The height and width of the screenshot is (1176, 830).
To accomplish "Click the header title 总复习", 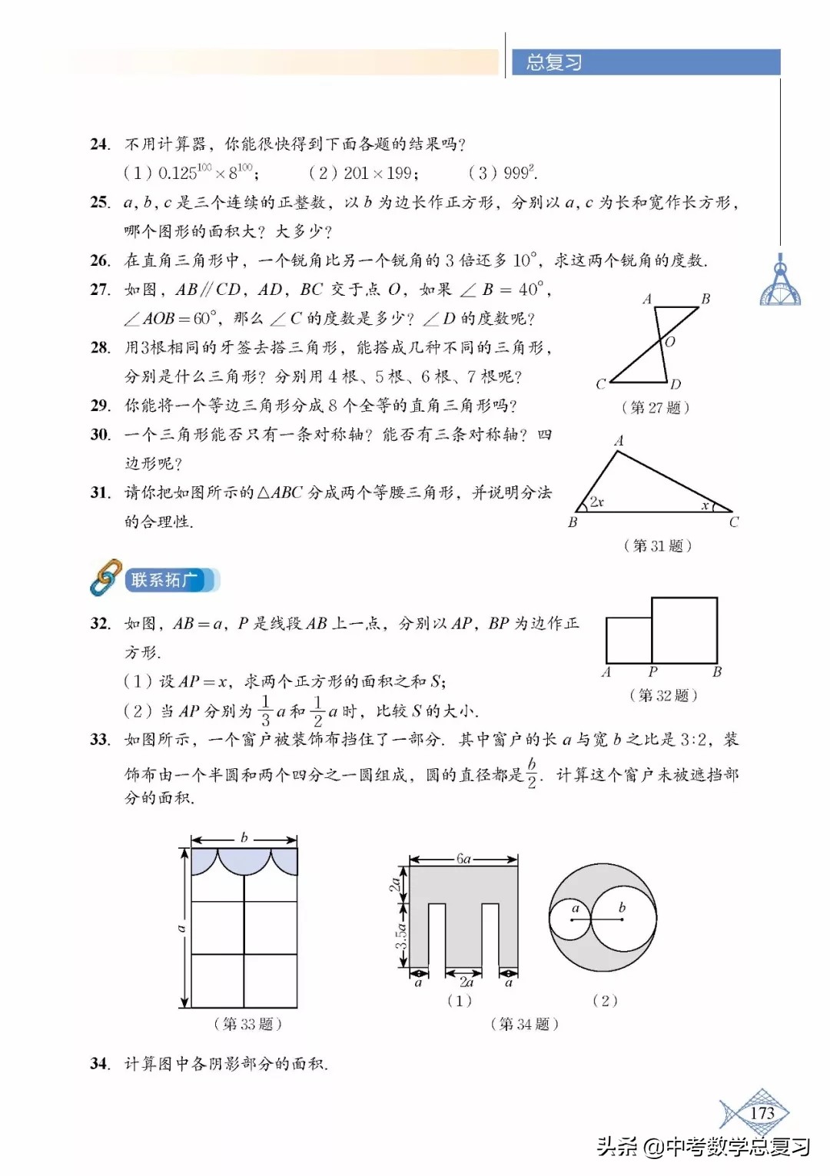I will pos(553,62).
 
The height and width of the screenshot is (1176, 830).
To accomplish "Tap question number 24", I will pos(99,144).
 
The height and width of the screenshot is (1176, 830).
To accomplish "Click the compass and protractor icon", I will pos(780,282).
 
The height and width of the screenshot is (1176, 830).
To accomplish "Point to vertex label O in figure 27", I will pos(670,342).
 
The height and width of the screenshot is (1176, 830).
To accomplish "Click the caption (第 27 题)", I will pos(655,407).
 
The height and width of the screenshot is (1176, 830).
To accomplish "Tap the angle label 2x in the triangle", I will pos(597,502).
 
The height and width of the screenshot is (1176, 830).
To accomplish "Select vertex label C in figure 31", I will pos(734,522).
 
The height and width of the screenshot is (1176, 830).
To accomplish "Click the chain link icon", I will pos(105,578).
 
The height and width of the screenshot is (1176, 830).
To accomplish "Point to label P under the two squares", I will pos(652,672).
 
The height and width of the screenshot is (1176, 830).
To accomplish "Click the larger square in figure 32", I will pos(684,630).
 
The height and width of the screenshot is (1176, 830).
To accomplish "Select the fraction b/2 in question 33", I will pos(532,774).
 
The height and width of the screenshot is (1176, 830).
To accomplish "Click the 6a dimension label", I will pos(463,859).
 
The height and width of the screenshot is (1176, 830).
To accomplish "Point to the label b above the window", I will pos(244,837).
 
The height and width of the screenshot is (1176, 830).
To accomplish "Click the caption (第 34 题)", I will pos(524,1024).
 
